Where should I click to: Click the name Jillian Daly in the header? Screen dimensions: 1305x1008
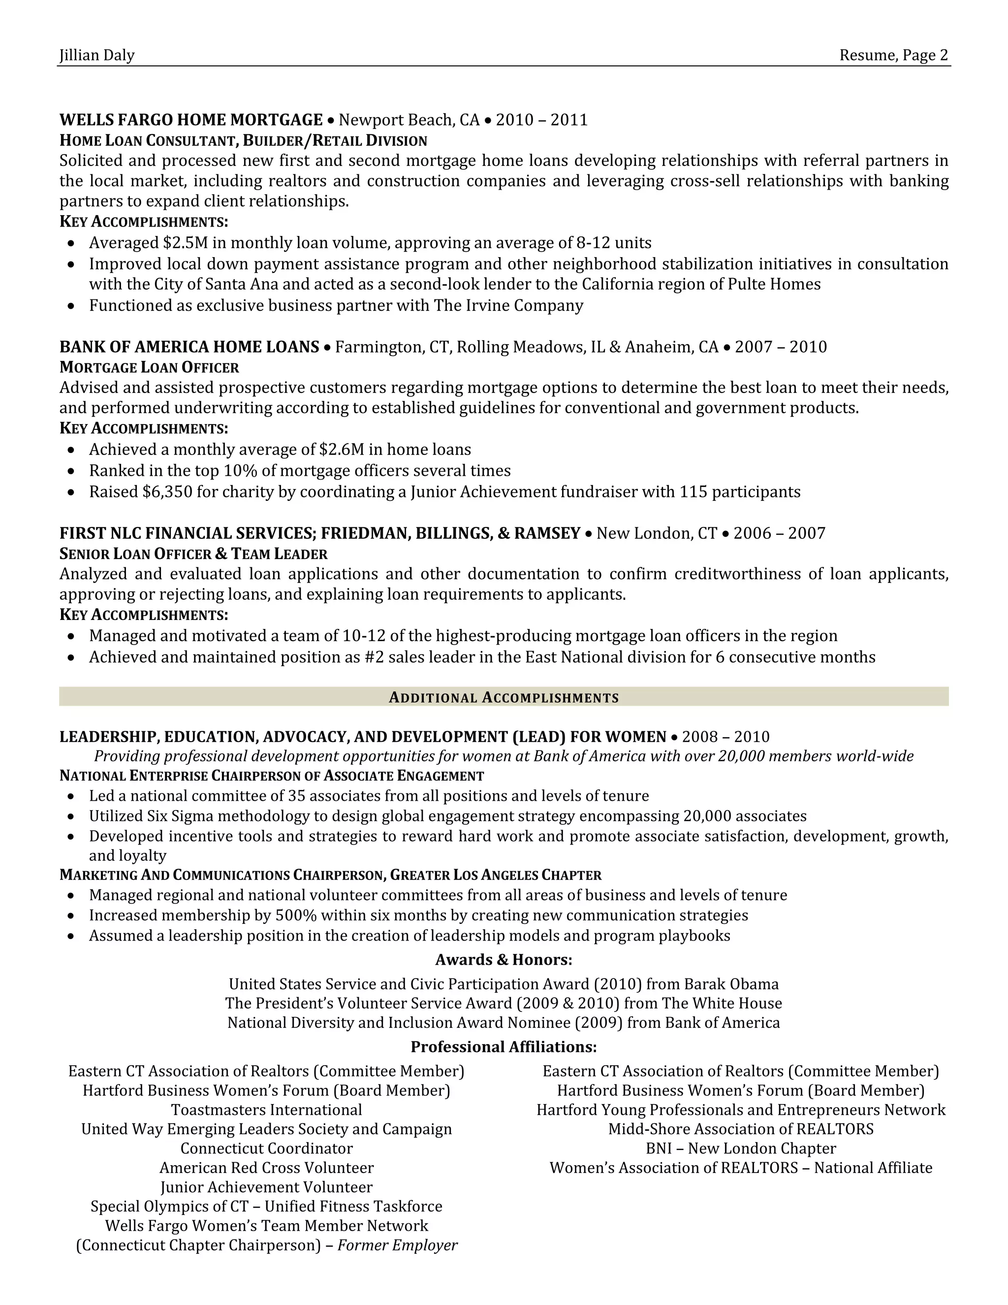tap(97, 56)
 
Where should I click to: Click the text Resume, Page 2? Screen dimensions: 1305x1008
tap(893, 56)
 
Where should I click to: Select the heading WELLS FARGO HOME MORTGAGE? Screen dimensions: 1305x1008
tap(191, 120)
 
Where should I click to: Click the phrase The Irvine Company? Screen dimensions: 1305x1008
tap(508, 306)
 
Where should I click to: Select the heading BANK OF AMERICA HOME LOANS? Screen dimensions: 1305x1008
tap(189, 347)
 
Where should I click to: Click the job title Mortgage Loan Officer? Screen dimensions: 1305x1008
tap(149, 367)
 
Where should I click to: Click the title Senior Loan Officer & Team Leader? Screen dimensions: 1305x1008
tap(193, 554)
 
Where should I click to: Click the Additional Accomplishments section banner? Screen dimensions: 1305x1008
tap(504, 697)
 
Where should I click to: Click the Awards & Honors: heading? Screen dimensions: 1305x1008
tap(504, 960)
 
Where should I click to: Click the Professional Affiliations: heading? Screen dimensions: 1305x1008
tap(504, 1047)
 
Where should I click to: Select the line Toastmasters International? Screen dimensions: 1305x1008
tap(266, 1109)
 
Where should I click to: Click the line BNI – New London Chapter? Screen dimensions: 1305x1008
tap(740, 1148)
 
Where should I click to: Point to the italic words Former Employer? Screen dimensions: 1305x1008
tap(397, 1245)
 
